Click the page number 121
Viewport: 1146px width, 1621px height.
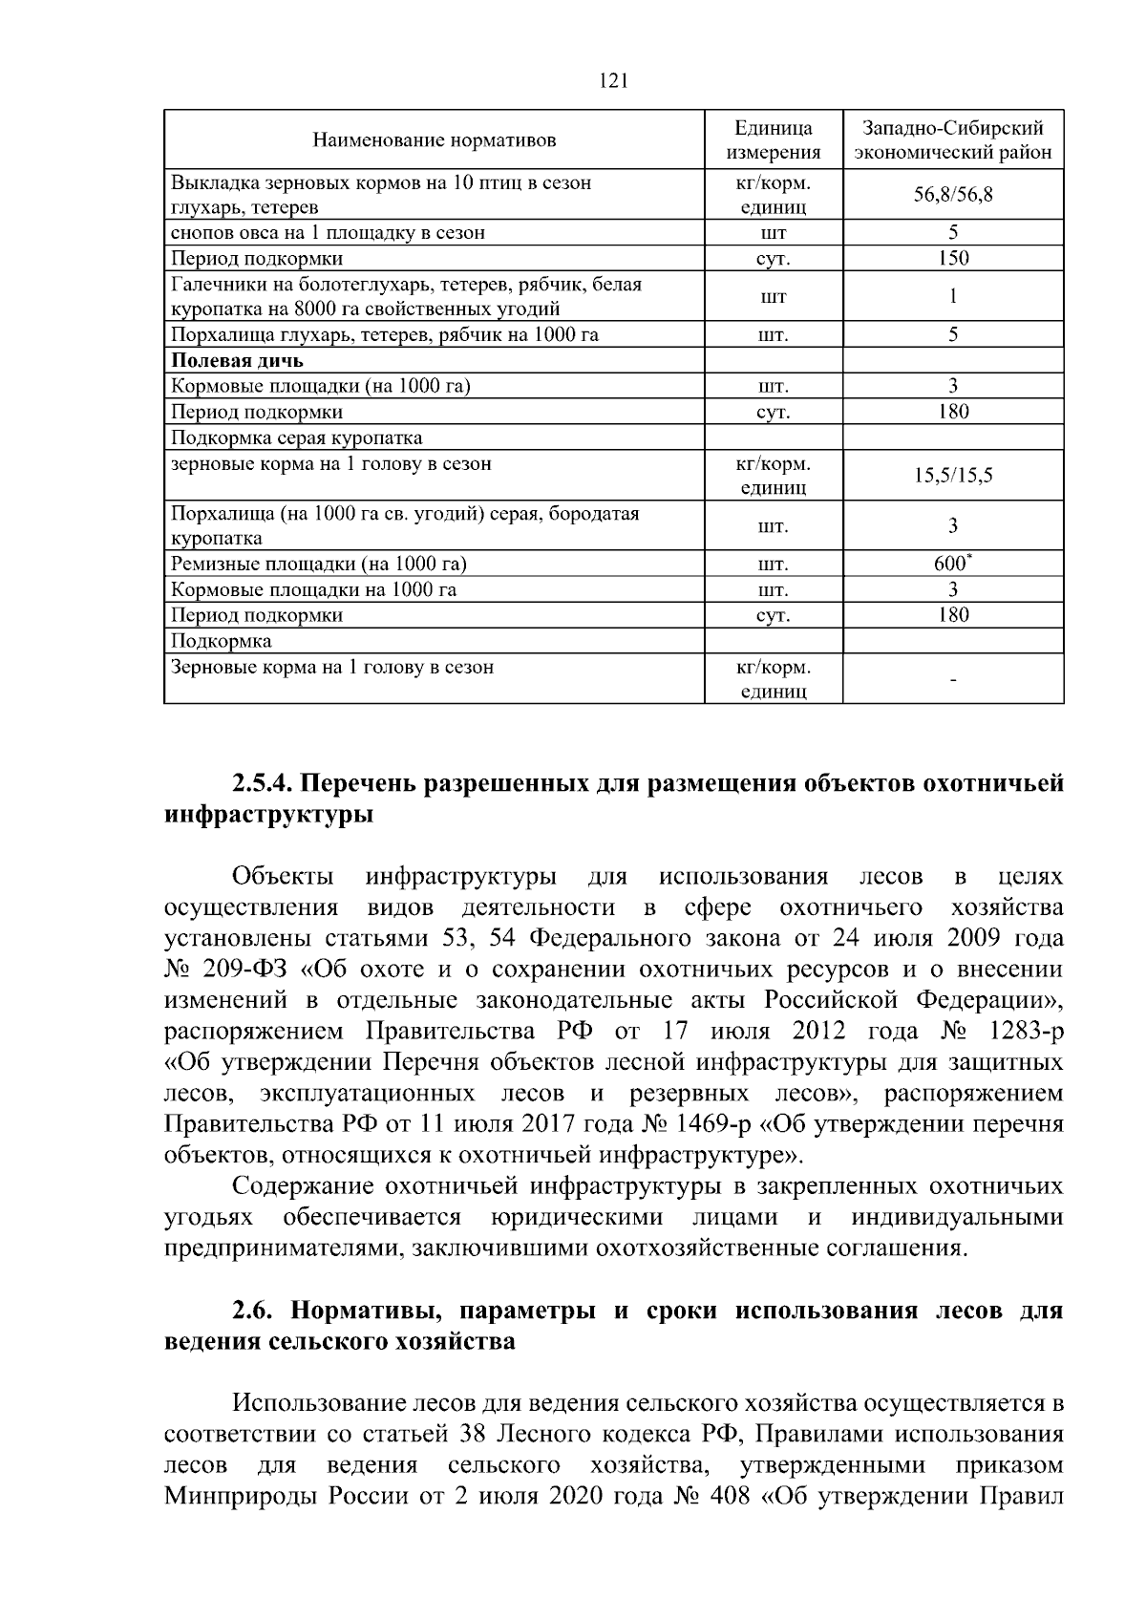coord(612,81)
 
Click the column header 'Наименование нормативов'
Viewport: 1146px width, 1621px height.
coord(435,141)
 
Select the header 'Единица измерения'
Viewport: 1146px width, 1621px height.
coord(774,140)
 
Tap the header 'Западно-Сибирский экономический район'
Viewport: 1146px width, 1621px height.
coord(953,140)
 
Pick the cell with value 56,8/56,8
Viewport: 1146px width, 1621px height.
coord(953,195)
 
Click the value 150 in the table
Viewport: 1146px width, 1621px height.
coord(953,258)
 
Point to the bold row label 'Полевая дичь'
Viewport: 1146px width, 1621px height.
coord(237,360)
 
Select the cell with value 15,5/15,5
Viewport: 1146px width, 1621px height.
coord(953,476)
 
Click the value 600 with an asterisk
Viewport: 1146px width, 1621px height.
coord(952,564)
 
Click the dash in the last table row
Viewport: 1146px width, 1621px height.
coord(953,680)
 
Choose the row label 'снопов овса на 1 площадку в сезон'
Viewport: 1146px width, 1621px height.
coord(328,232)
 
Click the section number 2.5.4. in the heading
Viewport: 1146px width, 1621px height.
coord(263,784)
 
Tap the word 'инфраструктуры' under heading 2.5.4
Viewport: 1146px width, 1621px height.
coord(268,816)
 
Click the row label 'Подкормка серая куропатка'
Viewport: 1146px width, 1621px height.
coord(296,437)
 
